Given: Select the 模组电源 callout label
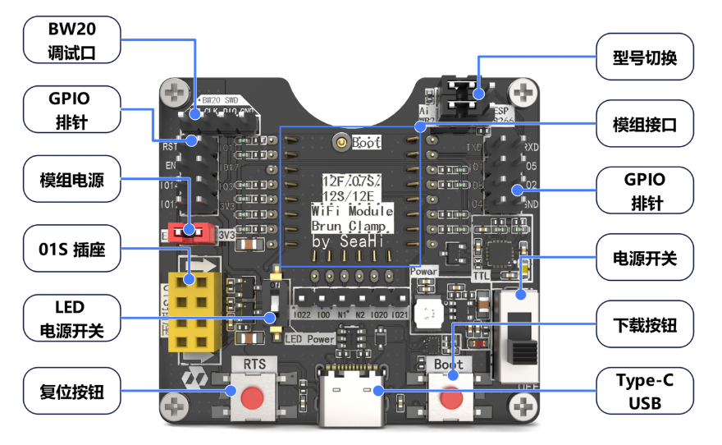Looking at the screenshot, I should pyautogui.click(x=72, y=180).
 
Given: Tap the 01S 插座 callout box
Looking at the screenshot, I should pyautogui.click(x=72, y=250).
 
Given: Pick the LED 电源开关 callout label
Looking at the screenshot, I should pyautogui.click(x=72, y=319).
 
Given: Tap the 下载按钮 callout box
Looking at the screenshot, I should pyautogui.click(x=645, y=326).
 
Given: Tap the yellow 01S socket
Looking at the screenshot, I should pyautogui.click(x=195, y=311).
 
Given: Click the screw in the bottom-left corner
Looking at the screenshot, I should pyautogui.click(x=173, y=404).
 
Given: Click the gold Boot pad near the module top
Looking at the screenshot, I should pyautogui.click(x=339, y=143).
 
